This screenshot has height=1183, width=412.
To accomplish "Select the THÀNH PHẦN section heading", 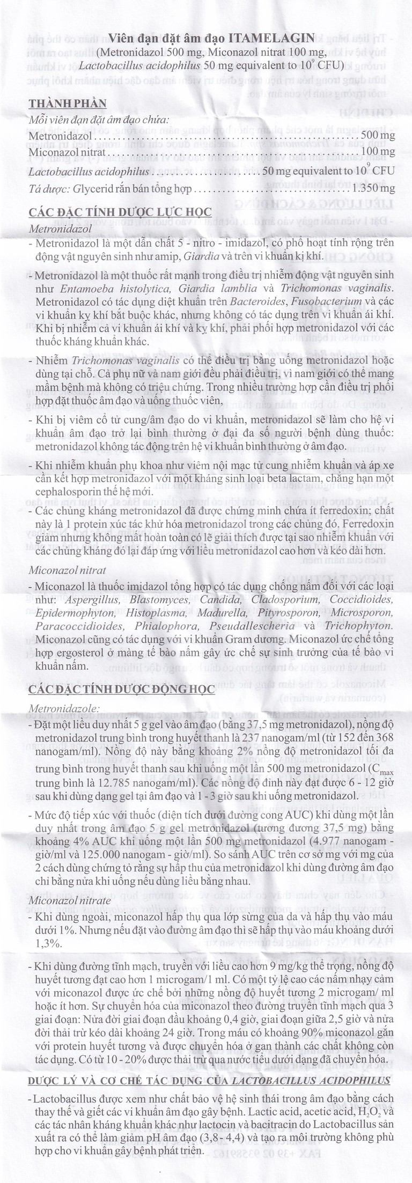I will [68, 103].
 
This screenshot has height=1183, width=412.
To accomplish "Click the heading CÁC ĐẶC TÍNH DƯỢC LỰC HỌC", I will [120, 212].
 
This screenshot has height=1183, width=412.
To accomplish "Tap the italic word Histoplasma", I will [153, 612].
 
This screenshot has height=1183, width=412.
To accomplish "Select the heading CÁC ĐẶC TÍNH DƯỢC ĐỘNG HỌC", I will [122, 689].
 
